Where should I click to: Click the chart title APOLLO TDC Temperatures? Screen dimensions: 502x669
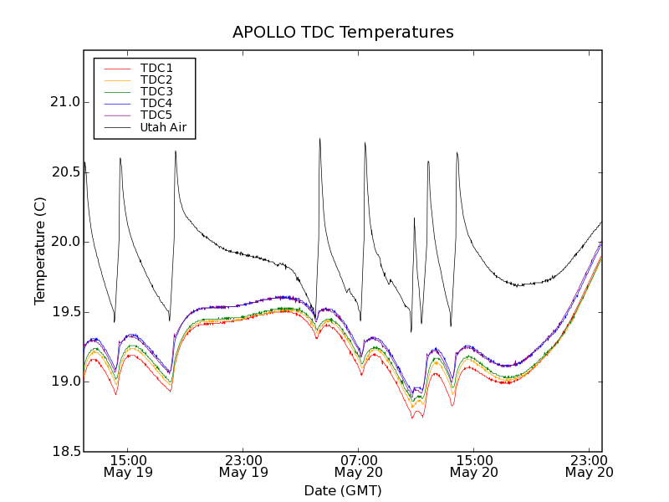click(x=343, y=33)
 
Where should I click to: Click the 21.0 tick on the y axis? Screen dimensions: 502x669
click(x=64, y=102)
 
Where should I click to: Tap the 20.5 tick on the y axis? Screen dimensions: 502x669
click(x=64, y=172)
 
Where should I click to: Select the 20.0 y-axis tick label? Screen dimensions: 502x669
click(x=64, y=242)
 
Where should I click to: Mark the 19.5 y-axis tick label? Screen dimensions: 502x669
click(x=64, y=312)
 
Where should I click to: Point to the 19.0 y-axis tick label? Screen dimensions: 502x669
click(x=64, y=382)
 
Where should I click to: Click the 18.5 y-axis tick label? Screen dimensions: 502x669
click(x=64, y=452)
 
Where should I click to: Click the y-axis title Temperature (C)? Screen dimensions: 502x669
click(x=40, y=251)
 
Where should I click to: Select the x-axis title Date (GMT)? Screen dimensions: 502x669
click(x=343, y=490)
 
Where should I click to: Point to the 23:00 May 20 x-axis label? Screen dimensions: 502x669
click(x=590, y=466)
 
